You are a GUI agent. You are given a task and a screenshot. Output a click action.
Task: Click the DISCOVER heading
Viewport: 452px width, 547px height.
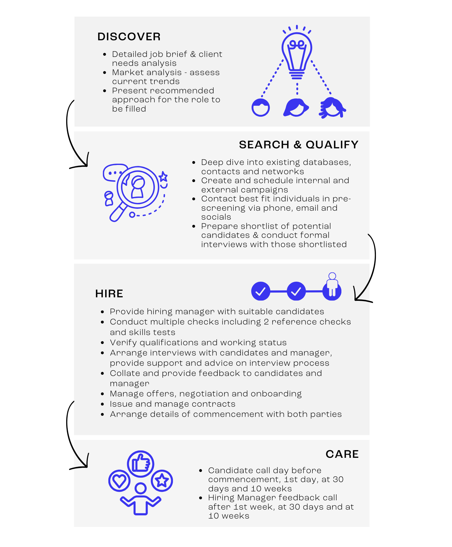tap(129, 36)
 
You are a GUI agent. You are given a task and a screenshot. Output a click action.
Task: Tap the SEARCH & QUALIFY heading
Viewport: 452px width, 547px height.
tap(299, 145)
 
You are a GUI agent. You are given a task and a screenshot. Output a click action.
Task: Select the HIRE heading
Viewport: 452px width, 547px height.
tap(109, 293)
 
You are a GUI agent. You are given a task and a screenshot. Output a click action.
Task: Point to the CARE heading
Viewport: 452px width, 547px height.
tap(342, 454)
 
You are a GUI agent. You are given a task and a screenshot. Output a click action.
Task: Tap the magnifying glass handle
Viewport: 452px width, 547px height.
tap(118, 213)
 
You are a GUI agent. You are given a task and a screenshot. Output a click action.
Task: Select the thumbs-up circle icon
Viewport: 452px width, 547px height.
tap(141, 464)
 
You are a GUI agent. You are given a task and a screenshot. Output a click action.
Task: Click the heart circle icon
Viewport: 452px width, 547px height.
tap(119, 481)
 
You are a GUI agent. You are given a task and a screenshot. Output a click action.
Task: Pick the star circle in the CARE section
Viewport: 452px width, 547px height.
tap(162, 481)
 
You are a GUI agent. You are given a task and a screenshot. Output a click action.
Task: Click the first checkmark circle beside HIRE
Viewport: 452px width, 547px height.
tap(261, 291)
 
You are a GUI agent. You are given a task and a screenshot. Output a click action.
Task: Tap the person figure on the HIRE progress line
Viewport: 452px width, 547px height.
tap(332, 285)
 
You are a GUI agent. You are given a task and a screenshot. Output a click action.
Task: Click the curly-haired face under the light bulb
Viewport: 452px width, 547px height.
tap(332, 108)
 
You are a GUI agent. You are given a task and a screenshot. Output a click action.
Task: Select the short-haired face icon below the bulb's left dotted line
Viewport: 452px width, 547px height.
tap(261, 107)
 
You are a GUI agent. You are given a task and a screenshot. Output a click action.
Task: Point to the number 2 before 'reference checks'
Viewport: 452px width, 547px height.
tap(266, 322)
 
